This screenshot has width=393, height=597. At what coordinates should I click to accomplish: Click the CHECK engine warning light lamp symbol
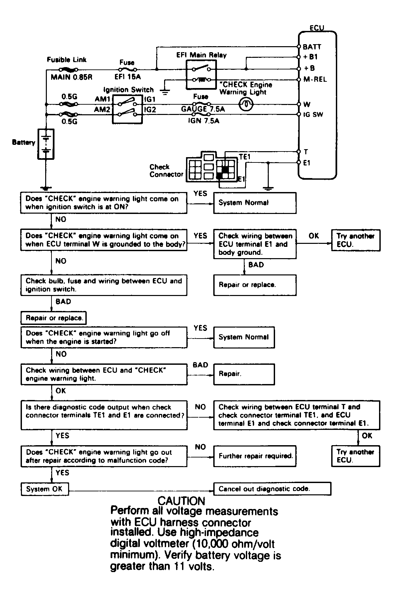tap(246, 105)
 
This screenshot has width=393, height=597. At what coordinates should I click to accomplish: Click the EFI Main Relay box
tap(201, 74)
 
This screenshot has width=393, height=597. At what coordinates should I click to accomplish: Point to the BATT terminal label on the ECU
tap(312, 47)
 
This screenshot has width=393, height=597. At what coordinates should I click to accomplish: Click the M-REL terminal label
tap(315, 79)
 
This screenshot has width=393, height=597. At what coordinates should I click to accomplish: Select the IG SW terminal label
tap(313, 115)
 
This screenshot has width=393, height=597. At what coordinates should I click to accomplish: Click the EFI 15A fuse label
tap(128, 77)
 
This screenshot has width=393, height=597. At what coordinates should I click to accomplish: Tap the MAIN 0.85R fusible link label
tap(71, 77)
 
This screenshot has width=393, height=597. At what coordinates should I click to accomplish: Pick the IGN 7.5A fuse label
tap(204, 121)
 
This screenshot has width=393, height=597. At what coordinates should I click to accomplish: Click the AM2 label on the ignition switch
tap(102, 109)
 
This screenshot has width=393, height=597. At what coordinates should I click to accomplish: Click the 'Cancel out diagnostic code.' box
tap(272, 489)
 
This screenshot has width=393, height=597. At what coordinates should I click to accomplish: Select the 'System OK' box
tap(45, 489)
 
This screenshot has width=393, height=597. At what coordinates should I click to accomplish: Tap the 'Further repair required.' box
tap(255, 456)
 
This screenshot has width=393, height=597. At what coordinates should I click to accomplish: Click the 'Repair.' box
tap(244, 374)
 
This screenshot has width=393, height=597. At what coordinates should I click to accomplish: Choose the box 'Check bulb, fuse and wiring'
tap(104, 285)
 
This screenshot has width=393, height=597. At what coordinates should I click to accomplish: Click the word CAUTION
tap(181, 501)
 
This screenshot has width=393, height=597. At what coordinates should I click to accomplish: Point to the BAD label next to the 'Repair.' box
tap(200, 365)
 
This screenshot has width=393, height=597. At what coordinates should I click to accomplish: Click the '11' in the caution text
tap(180, 566)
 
